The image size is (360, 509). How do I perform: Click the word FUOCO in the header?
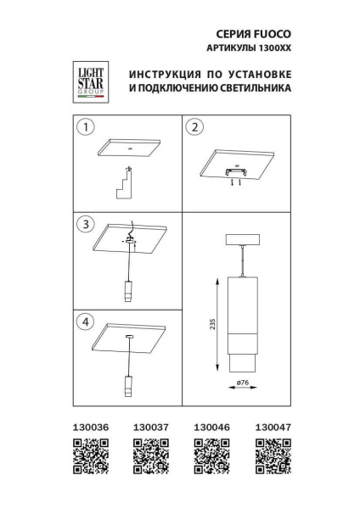pos(270,33)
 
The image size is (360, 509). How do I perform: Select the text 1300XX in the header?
pos(273,48)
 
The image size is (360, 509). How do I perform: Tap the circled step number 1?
pos(84,127)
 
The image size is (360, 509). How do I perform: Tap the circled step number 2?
pos(195,127)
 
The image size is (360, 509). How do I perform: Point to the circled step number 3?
pos(84,225)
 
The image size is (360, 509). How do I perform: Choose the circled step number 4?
pos(84,322)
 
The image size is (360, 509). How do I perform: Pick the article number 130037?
pos(150,429)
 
